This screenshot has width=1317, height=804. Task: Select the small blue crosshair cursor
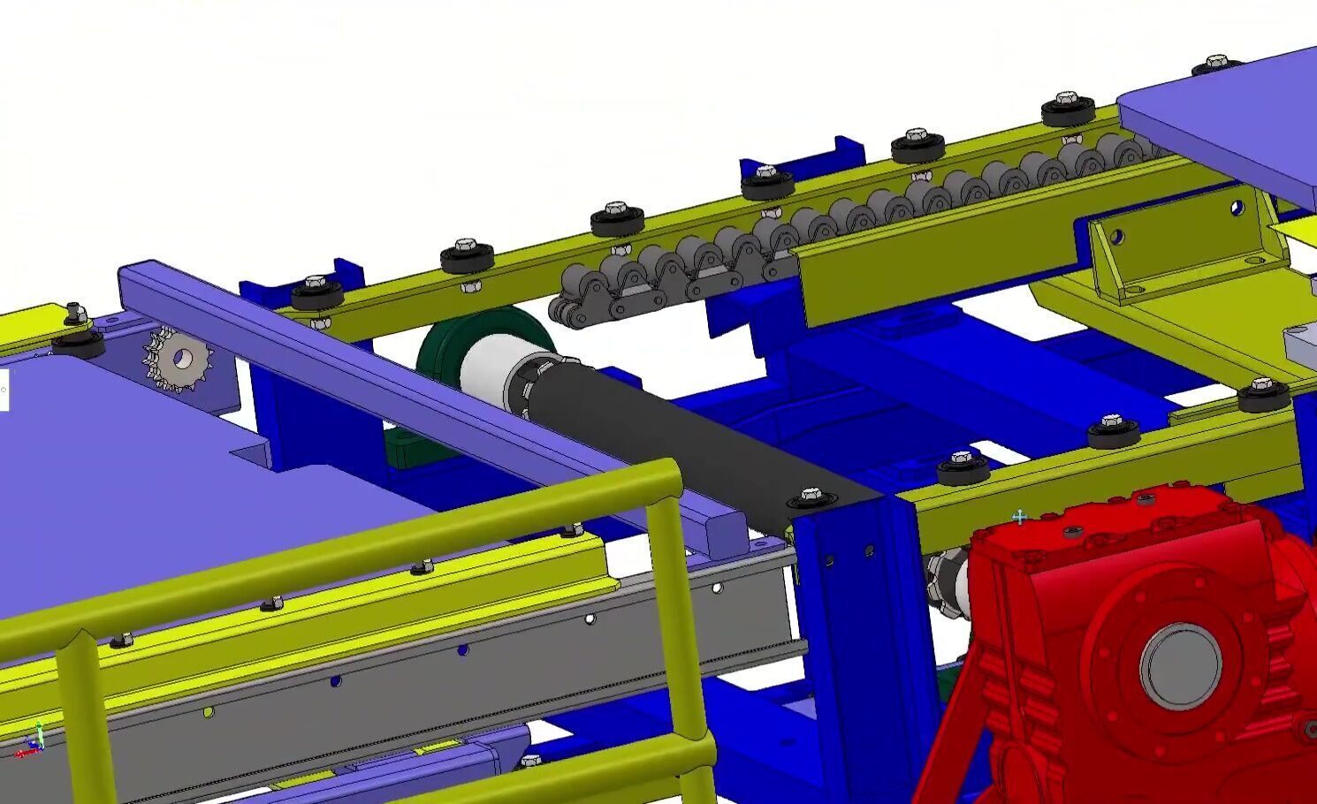pyautogui.click(x=1019, y=517)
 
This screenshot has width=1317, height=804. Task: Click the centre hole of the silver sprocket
pyautogui.click(x=183, y=358)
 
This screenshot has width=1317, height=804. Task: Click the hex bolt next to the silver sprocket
pyautogui.click(x=76, y=314)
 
